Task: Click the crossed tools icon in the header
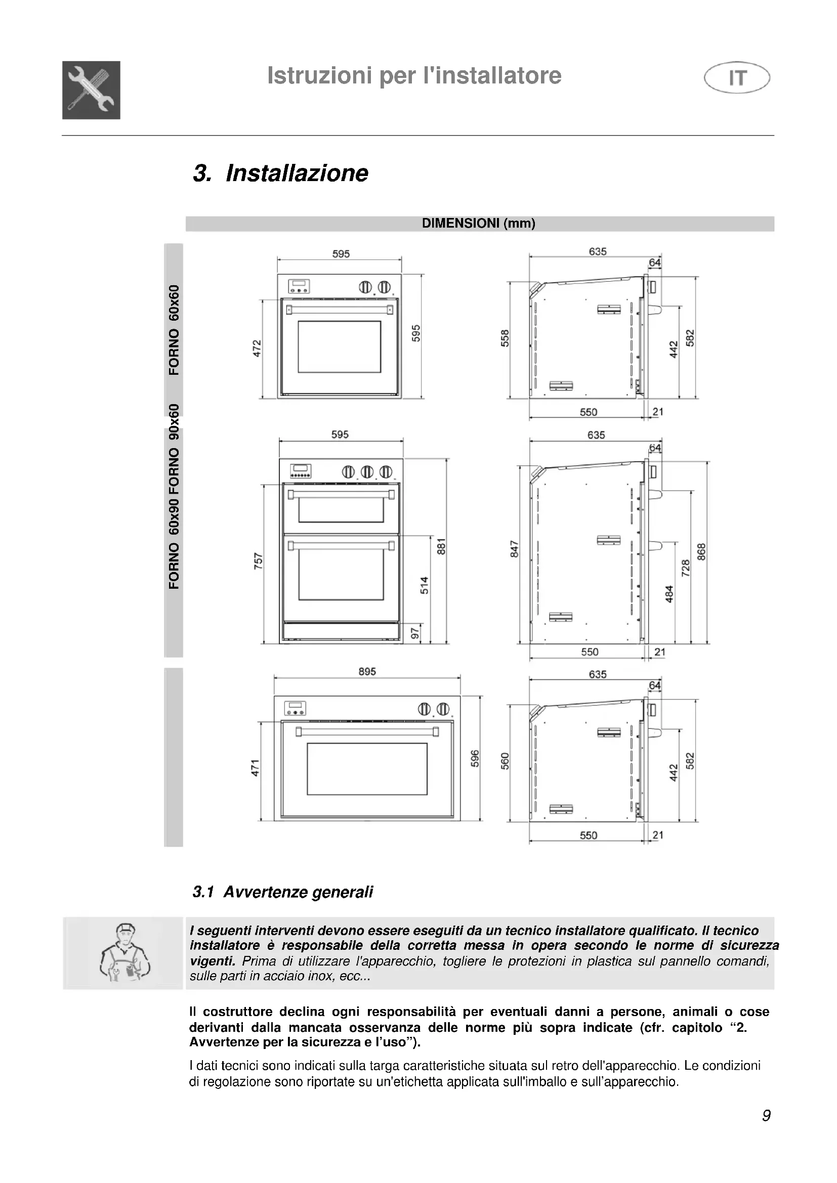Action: click(x=91, y=90)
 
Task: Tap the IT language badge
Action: click(x=737, y=77)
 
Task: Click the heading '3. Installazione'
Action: click(x=280, y=173)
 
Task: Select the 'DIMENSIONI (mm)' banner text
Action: click(x=478, y=223)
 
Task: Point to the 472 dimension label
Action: click(x=257, y=348)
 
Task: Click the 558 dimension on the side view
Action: click(x=505, y=338)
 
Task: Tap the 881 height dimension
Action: click(x=441, y=546)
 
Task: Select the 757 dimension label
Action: click(x=258, y=560)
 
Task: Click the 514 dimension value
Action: click(x=424, y=585)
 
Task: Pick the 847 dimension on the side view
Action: click(x=514, y=549)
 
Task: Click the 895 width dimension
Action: click(x=367, y=671)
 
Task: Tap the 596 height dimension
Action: click(x=475, y=758)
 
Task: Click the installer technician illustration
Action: click(x=123, y=953)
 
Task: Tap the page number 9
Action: click(x=766, y=1116)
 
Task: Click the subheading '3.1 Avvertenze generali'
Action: click(x=282, y=892)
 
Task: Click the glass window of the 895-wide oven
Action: click(x=367, y=769)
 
